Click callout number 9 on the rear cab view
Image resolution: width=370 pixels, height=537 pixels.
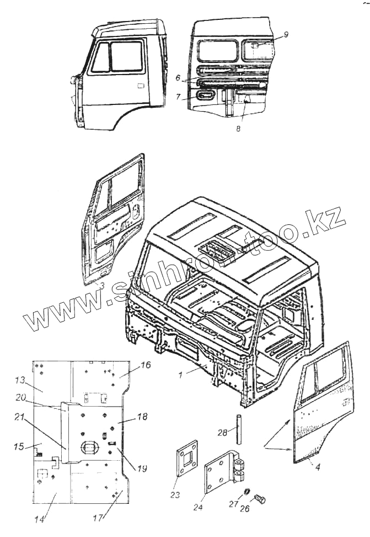pos(286,34)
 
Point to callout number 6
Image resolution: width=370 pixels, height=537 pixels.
pos(178,78)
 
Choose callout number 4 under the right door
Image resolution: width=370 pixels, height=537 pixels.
pos(317,465)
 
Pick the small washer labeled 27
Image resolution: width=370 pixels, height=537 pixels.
pos(248,492)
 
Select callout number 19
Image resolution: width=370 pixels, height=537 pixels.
pos(142,469)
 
